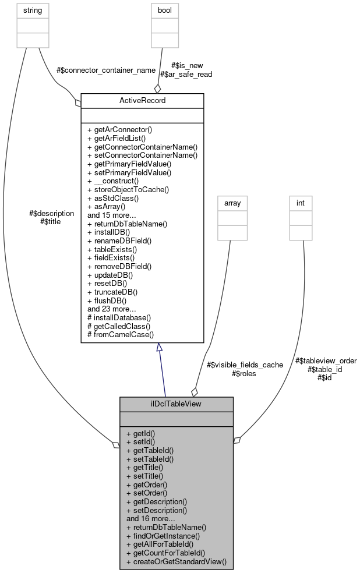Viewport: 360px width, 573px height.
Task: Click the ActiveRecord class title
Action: tap(142, 100)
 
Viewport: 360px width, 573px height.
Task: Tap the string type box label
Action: tap(32, 10)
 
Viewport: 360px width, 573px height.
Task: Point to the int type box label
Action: tap(301, 203)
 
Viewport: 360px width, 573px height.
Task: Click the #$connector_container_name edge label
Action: tap(106, 70)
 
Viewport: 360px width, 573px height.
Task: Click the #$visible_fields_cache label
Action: tap(245, 365)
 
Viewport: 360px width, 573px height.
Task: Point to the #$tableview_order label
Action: tap(325, 360)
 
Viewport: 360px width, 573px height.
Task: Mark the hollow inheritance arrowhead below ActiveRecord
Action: tap(159, 348)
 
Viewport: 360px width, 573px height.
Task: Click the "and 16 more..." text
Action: tap(151, 518)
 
